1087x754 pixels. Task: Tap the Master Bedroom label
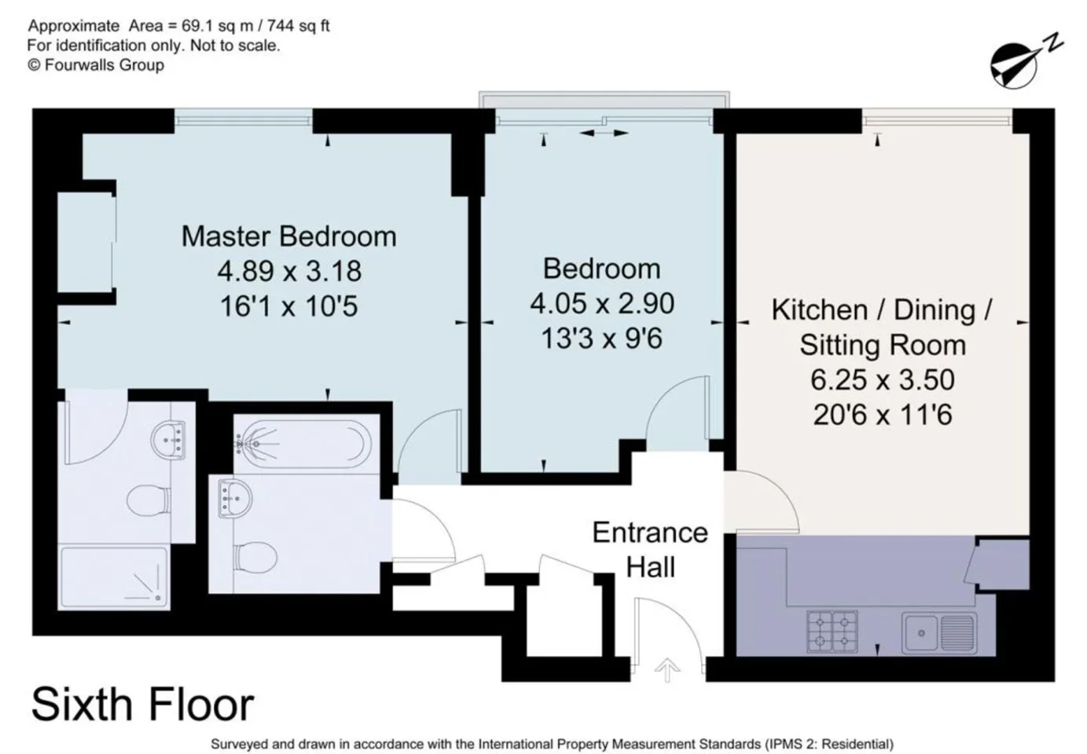[x=288, y=236]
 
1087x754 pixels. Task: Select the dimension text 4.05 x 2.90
[x=602, y=303]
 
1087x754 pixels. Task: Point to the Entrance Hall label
[x=650, y=550]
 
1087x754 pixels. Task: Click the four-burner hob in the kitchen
[x=832, y=631]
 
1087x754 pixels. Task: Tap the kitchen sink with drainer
[x=939, y=632]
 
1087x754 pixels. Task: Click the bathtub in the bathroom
[x=303, y=444]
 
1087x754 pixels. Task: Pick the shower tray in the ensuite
[x=113, y=577]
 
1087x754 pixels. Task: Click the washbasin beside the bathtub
[x=234, y=498]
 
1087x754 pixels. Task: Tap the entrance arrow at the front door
[x=667, y=670]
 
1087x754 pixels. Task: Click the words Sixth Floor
[x=143, y=704]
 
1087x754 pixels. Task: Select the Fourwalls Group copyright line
[x=96, y=64]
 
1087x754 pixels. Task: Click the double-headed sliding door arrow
[x=604, y=133]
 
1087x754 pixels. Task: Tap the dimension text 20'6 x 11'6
[x=883, y=415]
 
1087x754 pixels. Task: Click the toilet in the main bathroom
[x=255, y=556]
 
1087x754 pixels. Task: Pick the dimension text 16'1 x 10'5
[x=288, y=306]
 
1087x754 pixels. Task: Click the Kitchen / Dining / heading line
[x=882, y=309]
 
